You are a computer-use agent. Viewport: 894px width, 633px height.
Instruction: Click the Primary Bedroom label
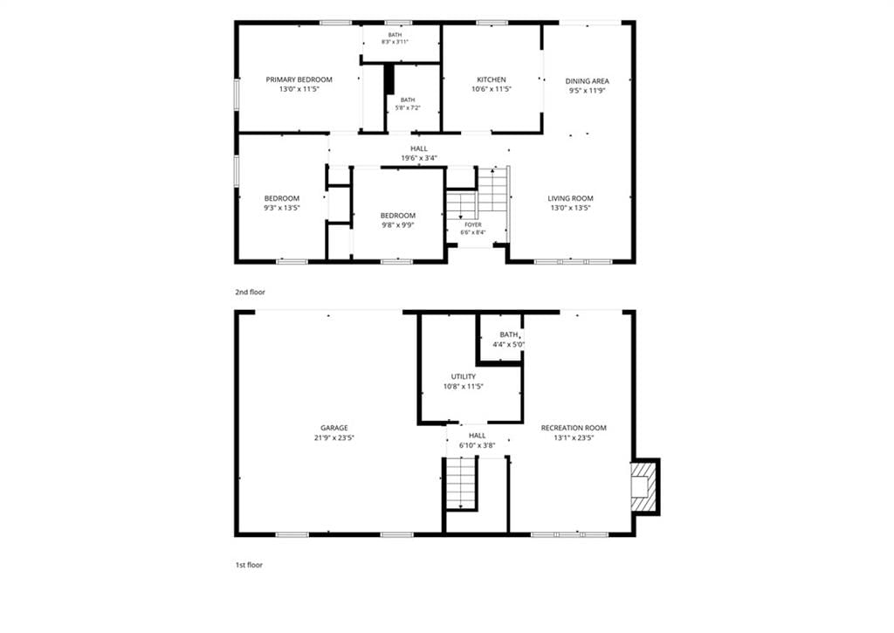299,79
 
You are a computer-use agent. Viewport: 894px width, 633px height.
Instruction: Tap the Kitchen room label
492,79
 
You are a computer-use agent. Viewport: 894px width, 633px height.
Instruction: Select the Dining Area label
588,81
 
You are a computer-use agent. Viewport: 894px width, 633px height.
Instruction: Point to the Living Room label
570,198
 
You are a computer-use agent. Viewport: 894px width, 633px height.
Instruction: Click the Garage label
334,428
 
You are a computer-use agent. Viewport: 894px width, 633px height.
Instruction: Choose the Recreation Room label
574,428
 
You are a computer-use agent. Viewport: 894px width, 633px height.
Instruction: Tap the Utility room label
464,376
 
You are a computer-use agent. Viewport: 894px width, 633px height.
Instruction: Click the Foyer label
472,224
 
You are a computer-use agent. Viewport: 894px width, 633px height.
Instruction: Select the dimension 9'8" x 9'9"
398,224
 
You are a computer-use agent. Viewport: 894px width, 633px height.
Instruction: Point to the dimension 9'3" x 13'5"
282,208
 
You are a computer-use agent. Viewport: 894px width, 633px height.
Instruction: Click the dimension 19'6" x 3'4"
419,158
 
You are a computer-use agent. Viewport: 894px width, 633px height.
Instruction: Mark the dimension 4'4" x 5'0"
509,345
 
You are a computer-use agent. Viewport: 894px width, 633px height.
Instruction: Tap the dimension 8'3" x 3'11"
395,42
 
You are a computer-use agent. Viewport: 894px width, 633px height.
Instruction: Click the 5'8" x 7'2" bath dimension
408,107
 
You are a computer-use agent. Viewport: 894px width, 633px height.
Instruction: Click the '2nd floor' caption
251,292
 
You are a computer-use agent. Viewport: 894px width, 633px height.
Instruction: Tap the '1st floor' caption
249,565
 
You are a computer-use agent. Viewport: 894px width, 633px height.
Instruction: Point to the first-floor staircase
461,483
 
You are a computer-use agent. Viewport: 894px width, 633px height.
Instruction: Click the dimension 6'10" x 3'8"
478,445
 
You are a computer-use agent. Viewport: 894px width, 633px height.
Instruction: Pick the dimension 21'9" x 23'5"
334,438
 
